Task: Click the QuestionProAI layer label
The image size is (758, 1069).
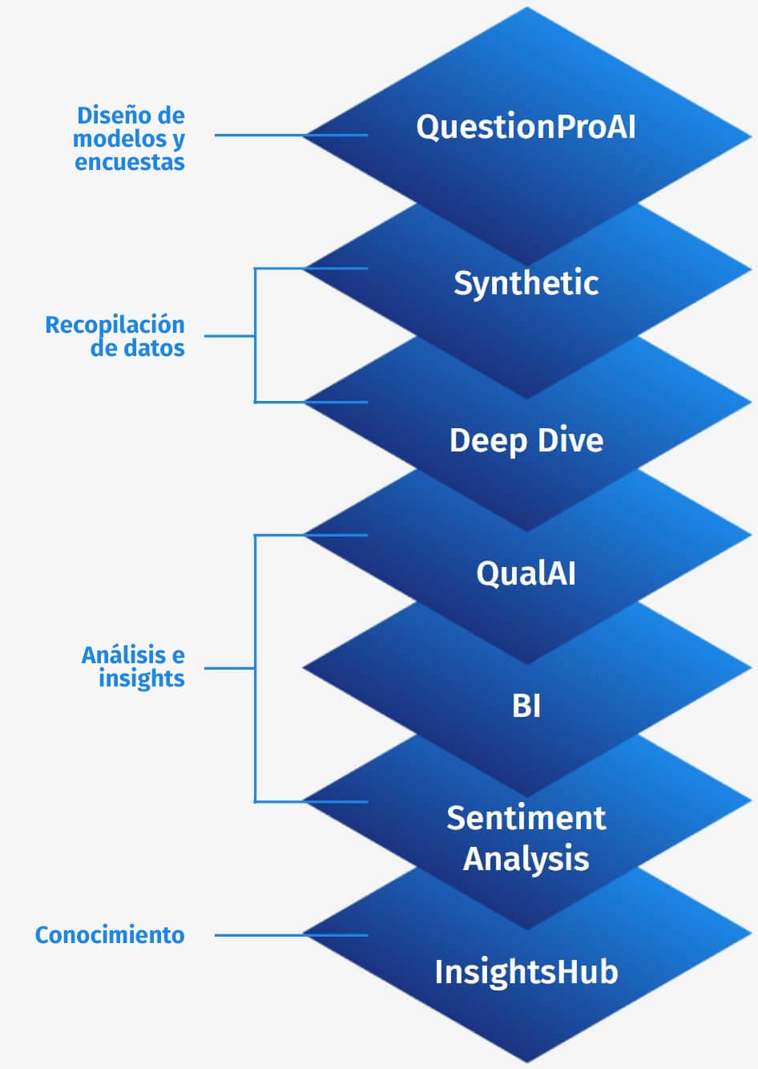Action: click(x=526, y=127)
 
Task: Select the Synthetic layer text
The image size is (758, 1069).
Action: click(x=526, y=283)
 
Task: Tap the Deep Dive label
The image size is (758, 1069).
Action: click(x=526, y=440)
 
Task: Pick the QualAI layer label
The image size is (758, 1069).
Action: click(x=526, y=573)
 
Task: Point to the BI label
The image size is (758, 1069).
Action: click(x=526, y=706)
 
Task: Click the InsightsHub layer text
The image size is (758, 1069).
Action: click(x=526, y=972)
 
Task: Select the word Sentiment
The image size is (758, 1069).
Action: click(x=526, y=818)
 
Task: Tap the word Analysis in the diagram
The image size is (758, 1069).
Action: click(x=526, y=858)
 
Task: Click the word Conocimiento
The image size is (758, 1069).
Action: click(x=110, y=935)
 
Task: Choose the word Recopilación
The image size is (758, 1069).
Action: click(x=115, y=325)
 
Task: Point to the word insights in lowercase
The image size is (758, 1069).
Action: click(x=141, y=678)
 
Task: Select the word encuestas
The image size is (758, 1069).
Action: click(x=130, y=162)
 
